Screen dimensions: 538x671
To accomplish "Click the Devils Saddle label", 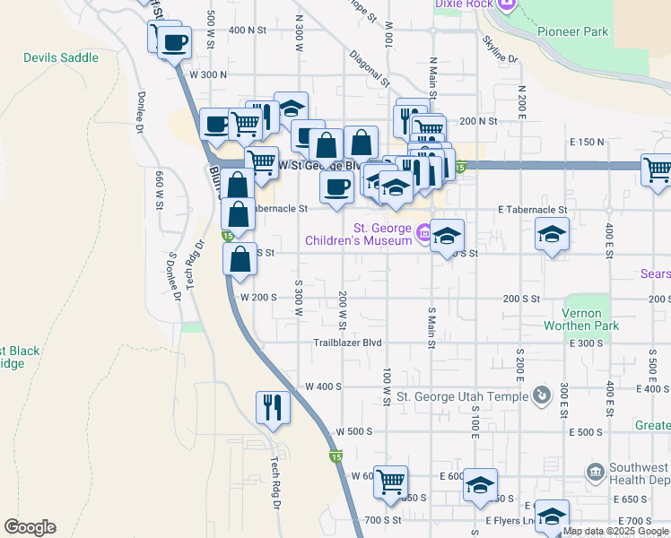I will (61, 57).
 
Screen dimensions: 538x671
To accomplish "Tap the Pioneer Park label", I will (572, 31).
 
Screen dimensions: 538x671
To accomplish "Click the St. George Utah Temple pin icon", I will (541, 395).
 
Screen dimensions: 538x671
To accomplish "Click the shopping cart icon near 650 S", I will (390, 482).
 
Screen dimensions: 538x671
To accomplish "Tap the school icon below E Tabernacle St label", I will (551, 235).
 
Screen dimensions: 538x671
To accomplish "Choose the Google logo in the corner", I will (30, 527).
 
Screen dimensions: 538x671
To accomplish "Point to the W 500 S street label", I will (353, 431).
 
